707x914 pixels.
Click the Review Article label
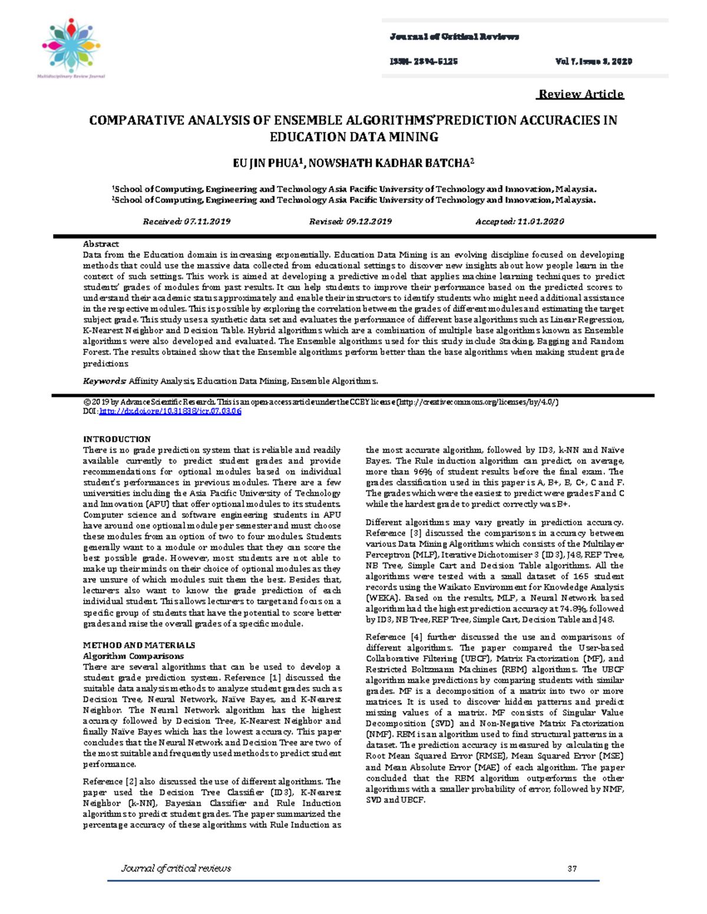tap(581, 94)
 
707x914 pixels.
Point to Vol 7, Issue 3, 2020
tap(593, 61)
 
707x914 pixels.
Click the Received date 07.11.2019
tap(187, 222)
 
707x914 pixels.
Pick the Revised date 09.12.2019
tap(351, 222)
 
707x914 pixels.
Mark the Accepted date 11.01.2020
tap(520, 222)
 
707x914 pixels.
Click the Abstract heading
tap(101, 244)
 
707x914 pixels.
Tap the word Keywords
tap(104, 381)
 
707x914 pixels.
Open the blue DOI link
tap(170, 411)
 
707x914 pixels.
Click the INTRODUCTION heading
tap(117, 439)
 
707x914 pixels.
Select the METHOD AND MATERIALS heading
tap(139, 645)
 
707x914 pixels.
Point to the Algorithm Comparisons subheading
tap(133, 656)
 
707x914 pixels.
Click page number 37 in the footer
tap(571, 868)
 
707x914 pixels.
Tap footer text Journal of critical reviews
tap(176, 868)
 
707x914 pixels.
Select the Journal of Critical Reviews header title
tap(454, 37)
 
